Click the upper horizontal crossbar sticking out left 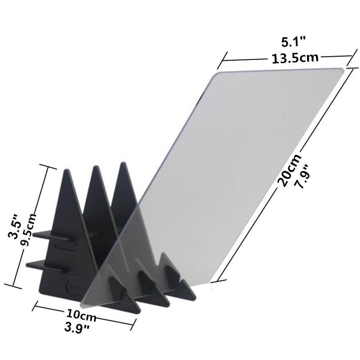pos(42,233)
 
